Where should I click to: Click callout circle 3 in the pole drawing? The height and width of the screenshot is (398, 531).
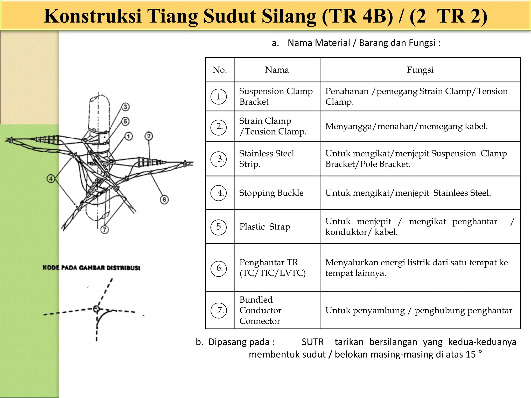tap(125, 107)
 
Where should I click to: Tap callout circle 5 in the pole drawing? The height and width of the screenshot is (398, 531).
tap(125, 121)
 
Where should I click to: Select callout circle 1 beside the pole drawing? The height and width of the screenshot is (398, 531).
tap(129, 136)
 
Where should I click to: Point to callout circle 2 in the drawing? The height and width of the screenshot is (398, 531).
tap(149, 136)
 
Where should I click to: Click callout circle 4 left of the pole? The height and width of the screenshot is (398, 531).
tap(51, 179)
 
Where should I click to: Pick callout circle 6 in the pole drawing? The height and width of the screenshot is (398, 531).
tap(164, 200)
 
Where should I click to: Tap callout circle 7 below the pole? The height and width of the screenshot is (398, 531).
tap(104, 230)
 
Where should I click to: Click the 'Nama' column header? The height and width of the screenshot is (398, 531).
tap(277, 70)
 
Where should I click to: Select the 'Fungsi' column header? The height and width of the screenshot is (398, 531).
tap(420, 70)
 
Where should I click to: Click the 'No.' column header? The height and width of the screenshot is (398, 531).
tap(220, 70)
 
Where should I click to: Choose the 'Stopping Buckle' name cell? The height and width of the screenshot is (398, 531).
tap(271, 193)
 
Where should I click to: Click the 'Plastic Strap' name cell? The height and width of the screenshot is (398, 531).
tap(264, 227)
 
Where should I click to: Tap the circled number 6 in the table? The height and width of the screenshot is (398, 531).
tap(219, 268)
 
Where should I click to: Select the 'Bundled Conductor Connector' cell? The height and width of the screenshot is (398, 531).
tap(260, 310)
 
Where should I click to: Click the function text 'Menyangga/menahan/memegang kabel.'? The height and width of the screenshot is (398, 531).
tap(406, 126)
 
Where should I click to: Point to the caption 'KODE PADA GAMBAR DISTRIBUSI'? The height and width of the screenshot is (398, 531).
tap(91, 268)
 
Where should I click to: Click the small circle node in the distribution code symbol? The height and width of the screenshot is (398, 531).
tap(96, 309)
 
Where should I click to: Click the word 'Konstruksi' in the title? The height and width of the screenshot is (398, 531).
tap(93, 16)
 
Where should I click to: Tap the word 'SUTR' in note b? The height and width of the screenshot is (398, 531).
tap(313, 342)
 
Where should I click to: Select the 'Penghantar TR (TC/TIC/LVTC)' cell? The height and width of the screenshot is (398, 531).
tap(272, 268)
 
